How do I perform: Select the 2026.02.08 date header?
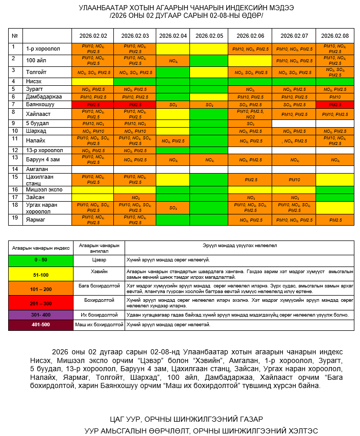click(x=335, y=36)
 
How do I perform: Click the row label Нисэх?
click(x=34, y=81)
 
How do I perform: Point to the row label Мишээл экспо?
click(x=44, y=189)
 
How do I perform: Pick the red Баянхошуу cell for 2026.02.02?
click(x=93, y=104)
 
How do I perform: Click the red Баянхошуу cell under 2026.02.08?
click(x=335, y=104)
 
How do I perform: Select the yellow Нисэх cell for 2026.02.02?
click(x=93, y=81)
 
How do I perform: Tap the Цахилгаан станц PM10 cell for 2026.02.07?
click(x=294, y=180)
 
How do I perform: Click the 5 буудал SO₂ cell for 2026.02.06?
click(x=250, y=124)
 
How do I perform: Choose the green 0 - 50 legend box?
click(x=40, y=260)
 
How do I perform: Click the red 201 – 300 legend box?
click(x=40, y=303)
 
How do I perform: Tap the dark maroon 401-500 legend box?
click(x=40, y=325)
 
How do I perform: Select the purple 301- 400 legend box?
click(x=40, y=314)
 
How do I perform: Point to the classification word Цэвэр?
click(x=99, y=260)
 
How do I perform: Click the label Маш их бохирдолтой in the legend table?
click(x=99, y=325)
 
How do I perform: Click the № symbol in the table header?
click(x=14, y=36)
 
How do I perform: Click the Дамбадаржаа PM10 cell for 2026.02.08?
click(x=335, y=96)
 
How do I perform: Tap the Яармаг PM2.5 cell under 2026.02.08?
click(x=335, y=220)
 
